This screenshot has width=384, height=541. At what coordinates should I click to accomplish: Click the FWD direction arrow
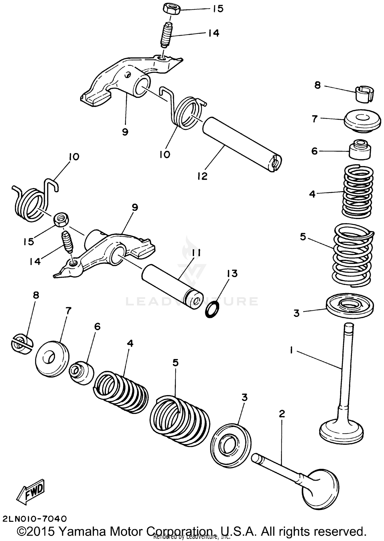31,492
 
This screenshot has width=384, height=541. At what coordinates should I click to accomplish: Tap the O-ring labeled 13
212,309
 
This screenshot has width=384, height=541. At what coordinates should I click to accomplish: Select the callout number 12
202,176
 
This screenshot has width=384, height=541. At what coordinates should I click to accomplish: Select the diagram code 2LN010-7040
35,519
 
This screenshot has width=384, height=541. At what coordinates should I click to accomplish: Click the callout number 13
232,273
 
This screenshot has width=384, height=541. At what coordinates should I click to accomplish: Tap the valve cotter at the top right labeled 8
364,94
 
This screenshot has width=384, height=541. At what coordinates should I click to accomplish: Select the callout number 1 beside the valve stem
291,350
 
